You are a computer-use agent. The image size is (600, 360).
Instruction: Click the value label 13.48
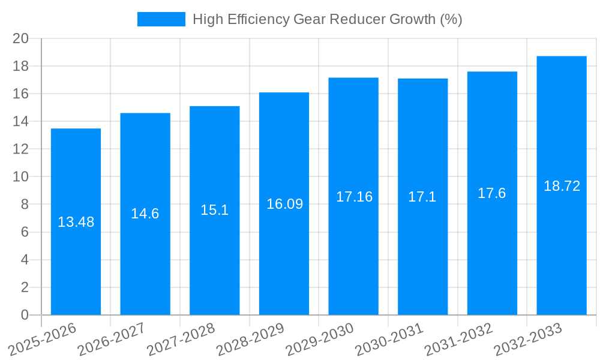[76, 222]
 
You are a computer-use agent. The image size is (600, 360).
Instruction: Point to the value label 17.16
[353, 197]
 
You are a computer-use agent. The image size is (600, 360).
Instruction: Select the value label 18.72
[562, 186]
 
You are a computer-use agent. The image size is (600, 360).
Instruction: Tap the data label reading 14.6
[145, 214]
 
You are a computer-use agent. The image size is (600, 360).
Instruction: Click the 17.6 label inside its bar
[491, 193]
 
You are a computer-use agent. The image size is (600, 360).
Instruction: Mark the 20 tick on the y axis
[21, 38]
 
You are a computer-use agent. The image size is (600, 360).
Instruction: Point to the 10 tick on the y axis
[21, 177]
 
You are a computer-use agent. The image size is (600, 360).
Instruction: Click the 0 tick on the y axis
[25, 315]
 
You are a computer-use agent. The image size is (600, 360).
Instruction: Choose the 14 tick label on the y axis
[21, 121]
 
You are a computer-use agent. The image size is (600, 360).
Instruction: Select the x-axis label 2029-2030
[320, 340]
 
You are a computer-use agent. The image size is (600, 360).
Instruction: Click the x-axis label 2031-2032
[458, 340]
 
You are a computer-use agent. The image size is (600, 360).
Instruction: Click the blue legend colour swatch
[161, 19]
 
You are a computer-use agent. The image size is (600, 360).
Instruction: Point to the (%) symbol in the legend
[451, 19]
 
